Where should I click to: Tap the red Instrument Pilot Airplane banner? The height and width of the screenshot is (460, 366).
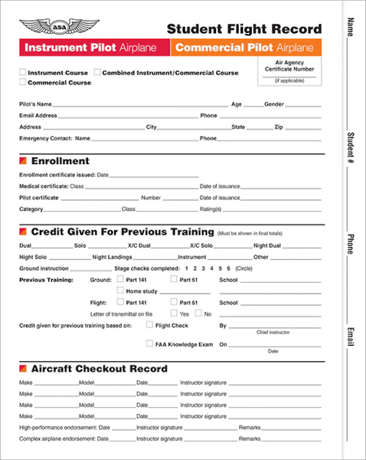90,48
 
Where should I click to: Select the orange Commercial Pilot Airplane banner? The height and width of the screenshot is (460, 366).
243,48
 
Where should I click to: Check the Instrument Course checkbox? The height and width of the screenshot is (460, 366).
22,72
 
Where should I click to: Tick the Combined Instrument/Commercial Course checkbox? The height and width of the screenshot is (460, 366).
97,72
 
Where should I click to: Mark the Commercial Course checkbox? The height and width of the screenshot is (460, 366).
22,82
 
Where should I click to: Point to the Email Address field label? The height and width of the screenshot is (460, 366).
40,115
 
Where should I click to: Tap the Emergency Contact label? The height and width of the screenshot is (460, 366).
45,139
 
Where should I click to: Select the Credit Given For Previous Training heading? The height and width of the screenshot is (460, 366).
121,232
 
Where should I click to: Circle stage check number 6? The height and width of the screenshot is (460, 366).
227,269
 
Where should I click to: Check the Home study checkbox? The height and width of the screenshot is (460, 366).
120,291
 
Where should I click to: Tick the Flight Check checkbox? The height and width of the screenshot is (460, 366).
149,325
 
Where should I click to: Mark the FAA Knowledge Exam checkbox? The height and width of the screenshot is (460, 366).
149,344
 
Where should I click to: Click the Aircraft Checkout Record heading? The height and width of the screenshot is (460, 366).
99,369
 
